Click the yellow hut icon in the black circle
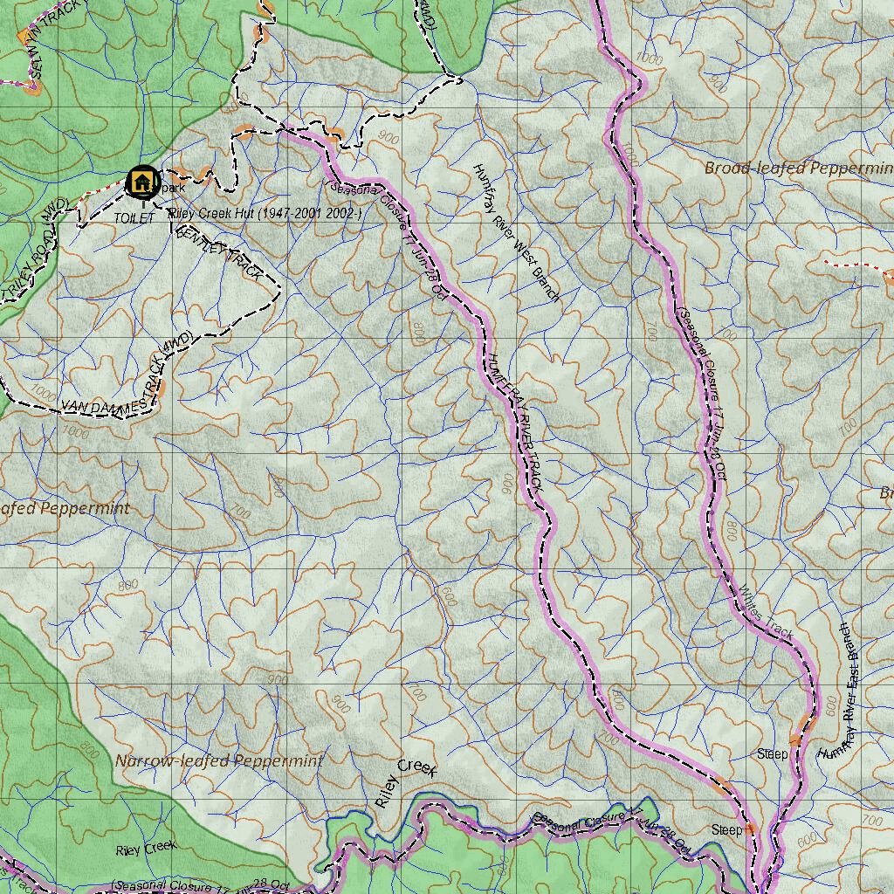tap(141, 182)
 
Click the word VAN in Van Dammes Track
tap(78, 405)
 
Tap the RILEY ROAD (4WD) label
tap(35, 249)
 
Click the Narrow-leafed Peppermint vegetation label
tap(219, 760)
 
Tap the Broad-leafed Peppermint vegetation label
tap(798, 168)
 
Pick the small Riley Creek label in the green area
tap(147, 847)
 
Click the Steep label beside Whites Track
tap(772, 753)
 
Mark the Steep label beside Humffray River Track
tap(726, 829)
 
